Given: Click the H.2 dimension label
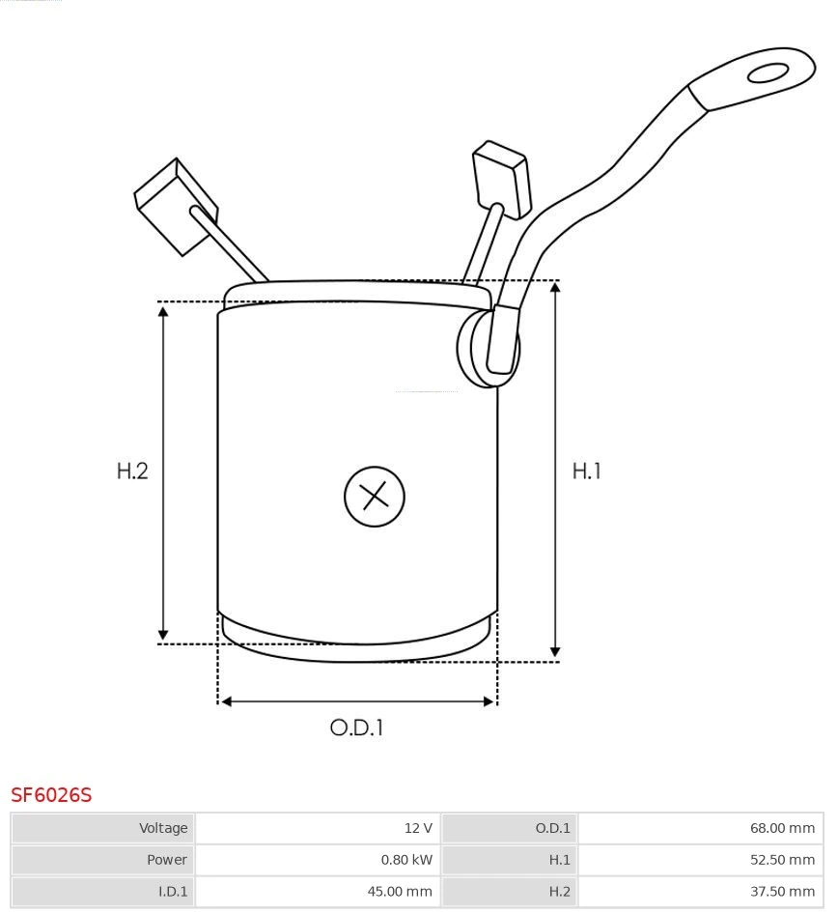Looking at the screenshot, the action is pyautogui.click(x=132, y=471).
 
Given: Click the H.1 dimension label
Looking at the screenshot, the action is pyautogui.click(x=586, y=471).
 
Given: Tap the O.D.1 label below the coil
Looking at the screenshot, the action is pyautogui.click(x=356, y=728).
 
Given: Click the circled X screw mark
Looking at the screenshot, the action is pyautogui.click(x=375, y=497).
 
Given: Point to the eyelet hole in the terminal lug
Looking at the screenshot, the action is pyautogui.click(x=768, y=73).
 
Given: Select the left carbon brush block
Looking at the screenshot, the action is pyautogui.click(x=176, y=207).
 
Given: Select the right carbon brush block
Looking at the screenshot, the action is pyautogui.click(x=502, y=179).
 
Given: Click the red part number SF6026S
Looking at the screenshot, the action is pyautogui.click(x=51, y=795).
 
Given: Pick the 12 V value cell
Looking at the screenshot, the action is pyautogui.click(x=318, y=828).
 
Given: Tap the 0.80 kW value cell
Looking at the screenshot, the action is pyautogui.click(x=318, y=860).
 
